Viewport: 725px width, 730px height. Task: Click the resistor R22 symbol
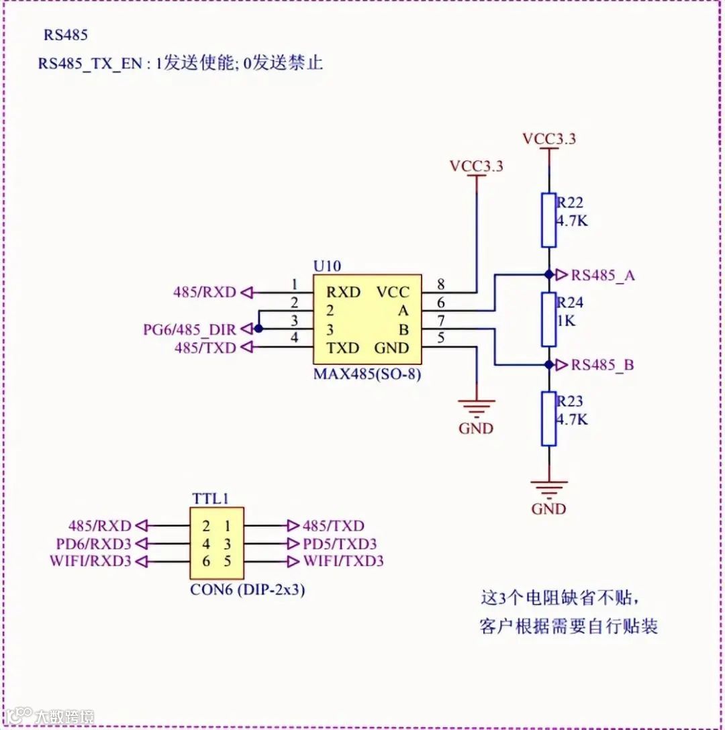pos(549,220)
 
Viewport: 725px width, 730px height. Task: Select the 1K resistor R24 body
pos(549,320)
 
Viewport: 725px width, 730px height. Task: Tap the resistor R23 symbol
pos(549,419)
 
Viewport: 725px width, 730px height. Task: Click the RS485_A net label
pos(603,274)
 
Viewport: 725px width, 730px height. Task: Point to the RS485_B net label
pos(603,365)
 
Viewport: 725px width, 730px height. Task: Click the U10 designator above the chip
pos(327,266)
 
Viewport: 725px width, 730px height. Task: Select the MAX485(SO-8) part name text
pos(367,374)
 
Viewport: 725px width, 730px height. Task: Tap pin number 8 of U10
pos(440,284)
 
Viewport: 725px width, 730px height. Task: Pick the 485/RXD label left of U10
pos(205,292)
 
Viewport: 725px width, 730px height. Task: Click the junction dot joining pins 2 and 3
pos(258,329)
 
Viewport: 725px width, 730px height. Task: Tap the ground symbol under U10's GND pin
pos(476,406)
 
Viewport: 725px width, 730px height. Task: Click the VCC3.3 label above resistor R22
pos(549,139)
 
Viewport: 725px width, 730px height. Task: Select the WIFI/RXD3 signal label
pos(90,561)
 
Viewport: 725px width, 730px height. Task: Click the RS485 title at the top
pos(66,35)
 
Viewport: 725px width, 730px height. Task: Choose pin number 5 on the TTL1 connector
pos(228,561)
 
